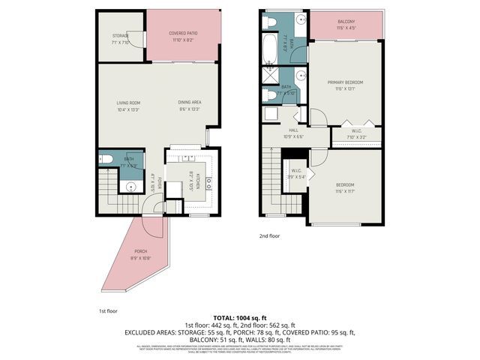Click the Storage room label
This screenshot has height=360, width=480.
[121, 34]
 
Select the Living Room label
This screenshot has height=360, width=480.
[128, 103]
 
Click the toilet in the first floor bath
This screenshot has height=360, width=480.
[106, 159]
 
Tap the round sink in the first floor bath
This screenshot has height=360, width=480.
[130, 187]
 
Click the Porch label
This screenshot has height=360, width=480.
[141, 251]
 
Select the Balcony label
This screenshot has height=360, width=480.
[346, 22]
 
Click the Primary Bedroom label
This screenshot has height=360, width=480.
[345, 82]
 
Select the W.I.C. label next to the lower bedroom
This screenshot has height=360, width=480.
[296, 171]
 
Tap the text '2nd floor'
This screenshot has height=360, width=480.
[269, 235]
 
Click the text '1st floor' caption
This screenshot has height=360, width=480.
[109, 310]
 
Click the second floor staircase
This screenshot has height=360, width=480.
[270, 180]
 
